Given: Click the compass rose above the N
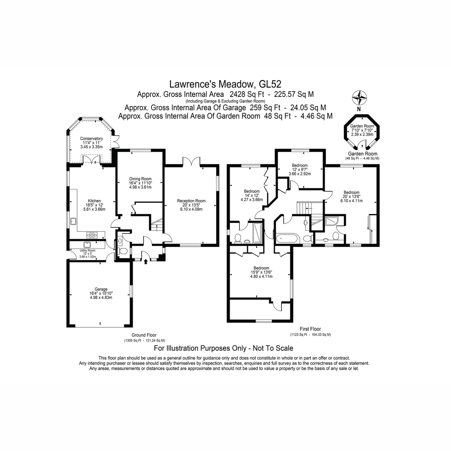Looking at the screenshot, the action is (x=360, y=97).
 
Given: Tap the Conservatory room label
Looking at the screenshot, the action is (x=91, y=143).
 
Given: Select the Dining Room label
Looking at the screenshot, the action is (x=141, y=183).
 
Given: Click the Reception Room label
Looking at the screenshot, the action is (x=191, y=205).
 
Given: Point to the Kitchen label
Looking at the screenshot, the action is (x=94, y=205).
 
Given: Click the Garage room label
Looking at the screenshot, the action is (x=101, y=293).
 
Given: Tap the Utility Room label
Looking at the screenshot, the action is (x=88, y=253).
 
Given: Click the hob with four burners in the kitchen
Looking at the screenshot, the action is (x=92, y=235).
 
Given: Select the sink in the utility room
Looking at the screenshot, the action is (x=88, y=245).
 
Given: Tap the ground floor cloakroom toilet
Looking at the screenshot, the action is (x=123, y=251).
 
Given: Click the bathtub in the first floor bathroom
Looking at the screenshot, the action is (x=287, y=239).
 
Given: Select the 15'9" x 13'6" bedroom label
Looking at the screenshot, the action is (x=262, y=272).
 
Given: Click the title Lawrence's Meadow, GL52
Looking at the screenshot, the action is (x=225, y=84).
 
